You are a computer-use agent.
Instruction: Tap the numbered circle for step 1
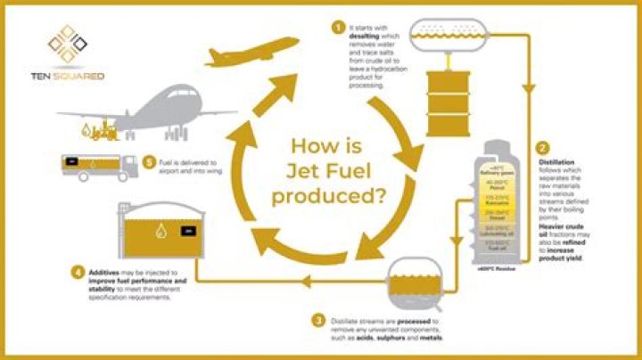(338, 28)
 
